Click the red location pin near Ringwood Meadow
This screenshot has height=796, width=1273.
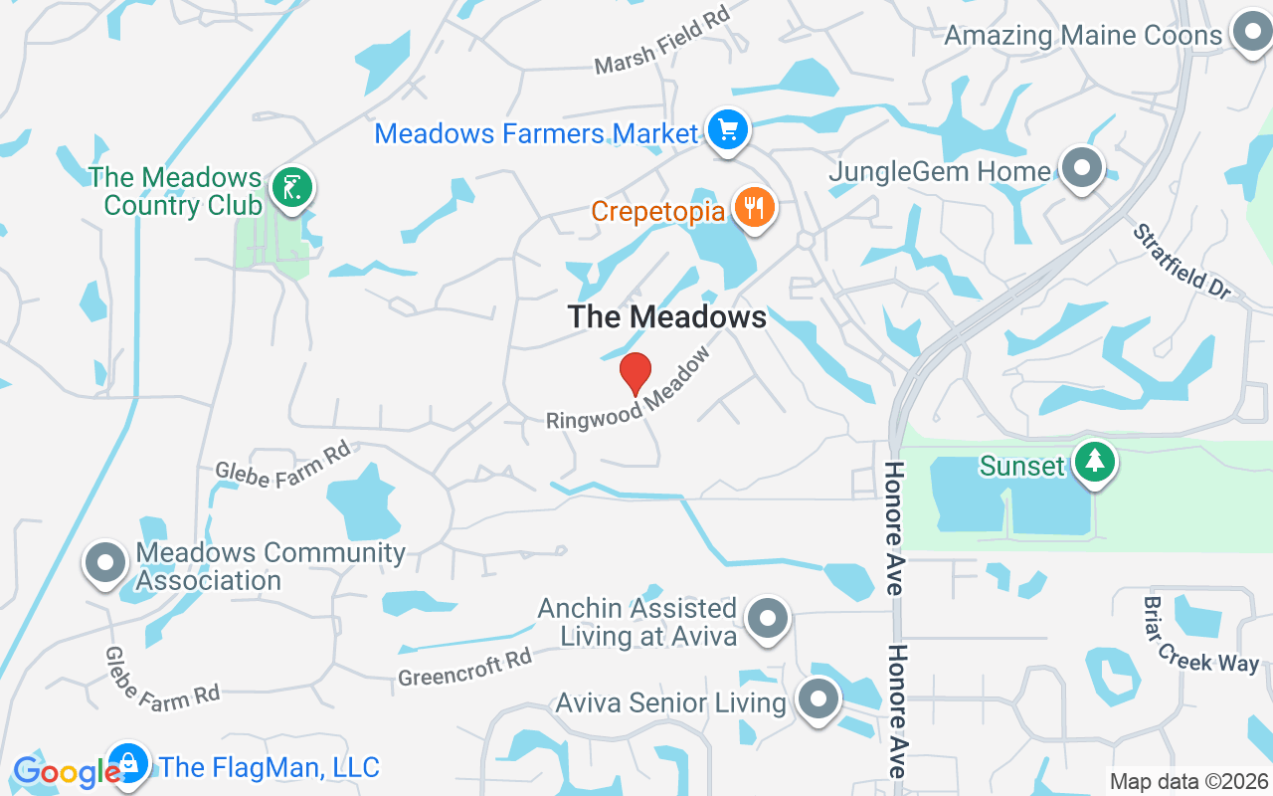(636, 374)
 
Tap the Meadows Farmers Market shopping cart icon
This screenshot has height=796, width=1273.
(727, 130)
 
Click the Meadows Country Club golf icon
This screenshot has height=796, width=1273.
(293, 187)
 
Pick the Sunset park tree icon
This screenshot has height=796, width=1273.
(1095, 462)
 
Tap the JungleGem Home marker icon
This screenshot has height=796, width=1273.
(1082, 168)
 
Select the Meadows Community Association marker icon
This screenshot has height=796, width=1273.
(105, 562)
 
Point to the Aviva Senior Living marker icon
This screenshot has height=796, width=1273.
(818, 699)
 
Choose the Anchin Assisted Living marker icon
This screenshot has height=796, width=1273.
(767, 618)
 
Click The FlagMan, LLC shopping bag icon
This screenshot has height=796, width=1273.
(129, 765)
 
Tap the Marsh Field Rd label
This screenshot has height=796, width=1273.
(662, 42)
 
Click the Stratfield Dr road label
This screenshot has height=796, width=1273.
(1182, 261)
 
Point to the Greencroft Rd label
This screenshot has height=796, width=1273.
(465, 668)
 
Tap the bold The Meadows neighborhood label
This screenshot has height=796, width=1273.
(667, 316)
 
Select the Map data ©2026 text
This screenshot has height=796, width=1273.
(1188, 781)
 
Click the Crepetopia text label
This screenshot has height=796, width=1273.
(659, 211)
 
